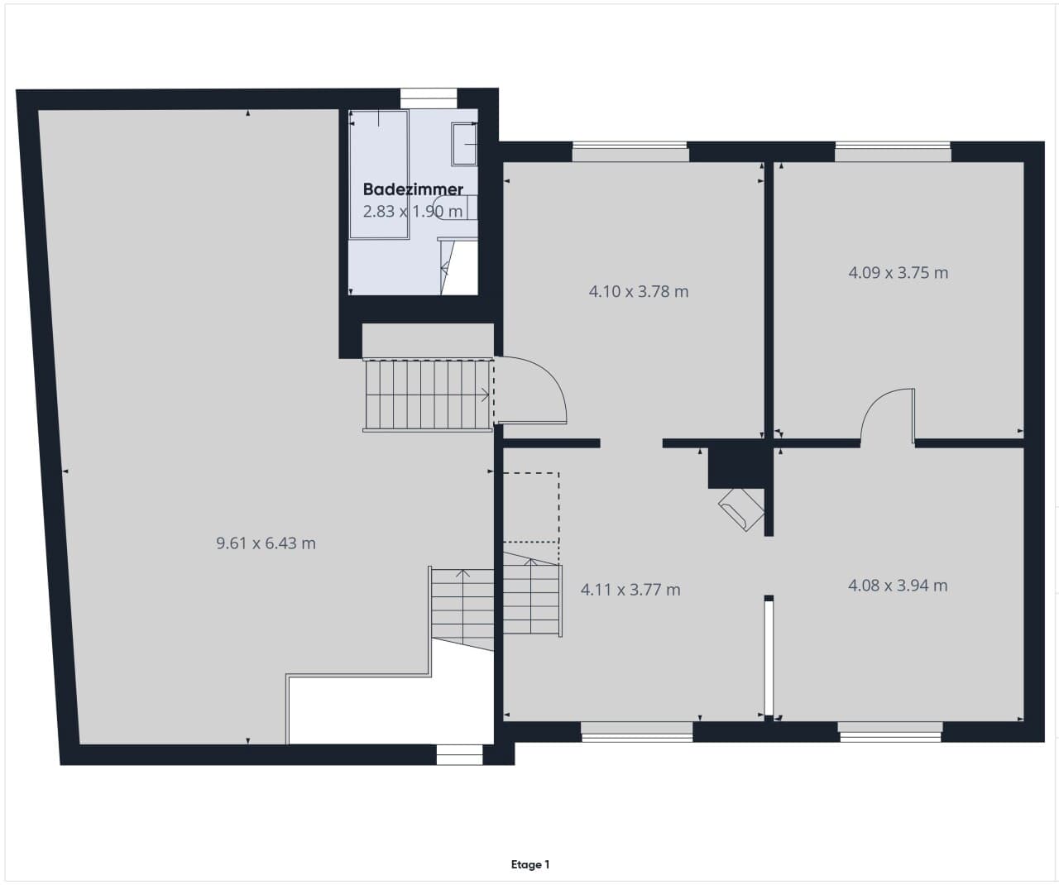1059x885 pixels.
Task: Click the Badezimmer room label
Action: click(413, 189)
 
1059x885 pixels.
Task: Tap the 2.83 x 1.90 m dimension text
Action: click(412, 211)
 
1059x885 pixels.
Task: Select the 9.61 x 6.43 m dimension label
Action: click(266, 543)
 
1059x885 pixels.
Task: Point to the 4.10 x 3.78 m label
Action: click(639, 292)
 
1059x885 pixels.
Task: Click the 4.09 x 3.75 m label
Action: click(898, 273)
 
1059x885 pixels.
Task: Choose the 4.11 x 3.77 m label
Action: click(630, 590)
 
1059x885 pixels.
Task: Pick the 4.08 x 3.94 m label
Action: click(898, 586)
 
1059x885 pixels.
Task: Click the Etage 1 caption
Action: click(530, 864)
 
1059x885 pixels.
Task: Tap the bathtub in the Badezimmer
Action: click(379, 175)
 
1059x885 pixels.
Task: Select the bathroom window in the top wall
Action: click(429, 99)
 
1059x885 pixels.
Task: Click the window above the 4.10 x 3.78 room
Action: click(630, 151)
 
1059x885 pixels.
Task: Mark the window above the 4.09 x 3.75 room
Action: click(893, 151)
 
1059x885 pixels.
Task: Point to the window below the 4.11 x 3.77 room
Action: click(636, 732)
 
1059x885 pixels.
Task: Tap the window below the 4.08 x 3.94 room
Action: click(890, 732)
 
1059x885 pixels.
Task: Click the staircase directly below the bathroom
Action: click(428, 395)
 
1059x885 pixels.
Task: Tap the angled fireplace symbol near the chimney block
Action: click(741, 509)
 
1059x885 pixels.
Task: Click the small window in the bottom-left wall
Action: click(459, 754)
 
